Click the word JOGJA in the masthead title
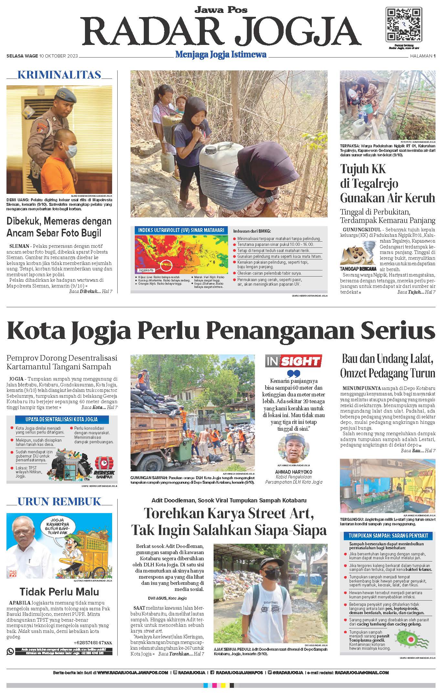[300, 31]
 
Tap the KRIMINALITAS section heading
[59, 75]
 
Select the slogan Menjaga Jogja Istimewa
[221, 55]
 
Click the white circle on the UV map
[166, 265]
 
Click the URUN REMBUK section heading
[59, 501]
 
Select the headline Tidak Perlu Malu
[59, 592]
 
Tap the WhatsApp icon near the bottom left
[10, 651]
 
